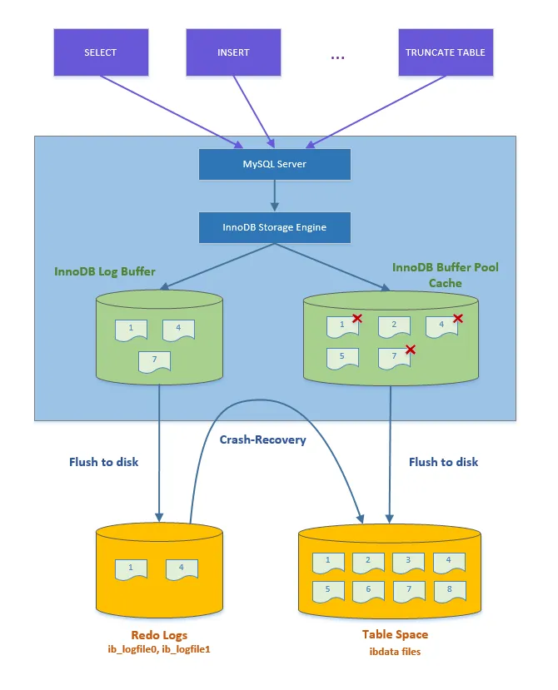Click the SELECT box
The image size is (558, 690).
click(101, 52)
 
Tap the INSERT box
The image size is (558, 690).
click(233, 52)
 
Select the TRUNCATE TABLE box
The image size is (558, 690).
click(445, 52)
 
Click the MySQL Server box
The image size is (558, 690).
click(274, 164)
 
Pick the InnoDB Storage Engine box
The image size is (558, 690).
click(274, 227)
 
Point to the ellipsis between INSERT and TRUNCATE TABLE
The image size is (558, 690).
click(337, 56)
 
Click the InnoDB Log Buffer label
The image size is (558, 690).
click(105, 271)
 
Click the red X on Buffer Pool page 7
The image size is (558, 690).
click(410, 350)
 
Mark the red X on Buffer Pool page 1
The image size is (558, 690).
click(356, 318)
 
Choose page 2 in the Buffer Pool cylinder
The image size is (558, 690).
click(394, 326)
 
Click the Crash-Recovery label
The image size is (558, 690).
click(262, 439)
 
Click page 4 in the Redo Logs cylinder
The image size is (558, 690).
click(182, 569)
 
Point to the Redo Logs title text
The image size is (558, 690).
click(158, 635)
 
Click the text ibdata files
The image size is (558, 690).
click(395, 652)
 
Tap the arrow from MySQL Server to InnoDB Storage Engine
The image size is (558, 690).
click(274, 196)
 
